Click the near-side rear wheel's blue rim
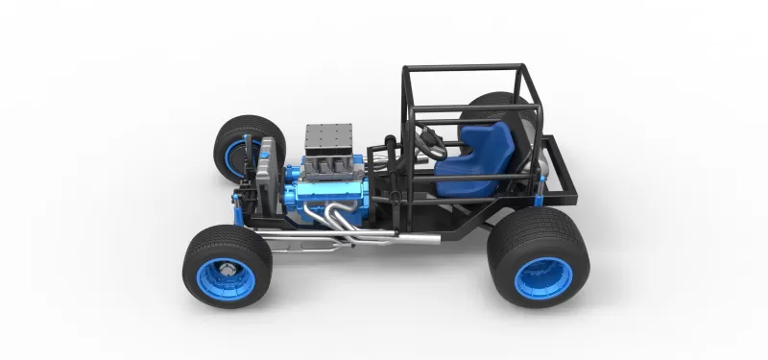pos(543,277)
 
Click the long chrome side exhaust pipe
pos(384,236)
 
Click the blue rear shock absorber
pos(540,187)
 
